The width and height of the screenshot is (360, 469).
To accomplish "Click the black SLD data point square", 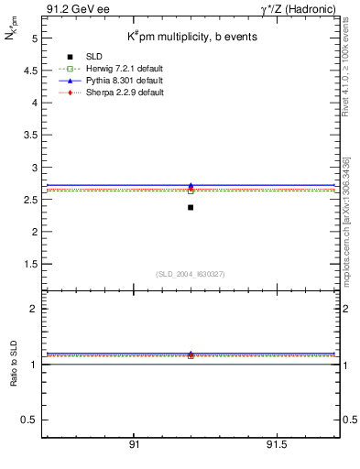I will (x=191, y=207).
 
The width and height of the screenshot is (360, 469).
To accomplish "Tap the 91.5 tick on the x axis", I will (x=276, y=444).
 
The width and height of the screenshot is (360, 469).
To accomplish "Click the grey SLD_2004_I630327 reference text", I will (x=191, y=273).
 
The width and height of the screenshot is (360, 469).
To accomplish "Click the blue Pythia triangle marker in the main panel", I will (x=191, y=186).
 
